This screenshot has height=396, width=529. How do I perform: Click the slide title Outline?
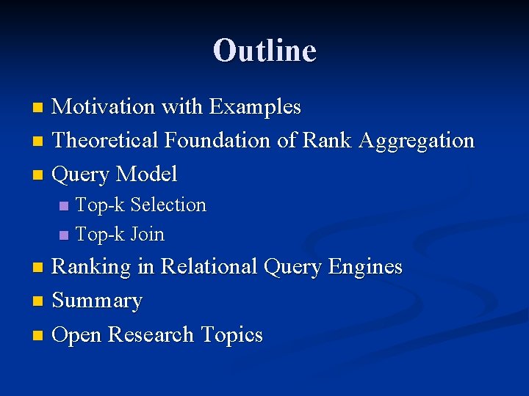point(264,51)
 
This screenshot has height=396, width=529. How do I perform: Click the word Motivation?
point(104,107)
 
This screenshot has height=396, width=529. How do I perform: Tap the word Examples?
point(255,107)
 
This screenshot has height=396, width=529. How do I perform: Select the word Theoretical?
point(106,140)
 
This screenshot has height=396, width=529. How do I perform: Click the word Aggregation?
point(417,141)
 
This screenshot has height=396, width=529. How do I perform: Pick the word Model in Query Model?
point(146,175)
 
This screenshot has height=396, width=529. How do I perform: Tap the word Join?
point(148,235)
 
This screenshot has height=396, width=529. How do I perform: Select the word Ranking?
point(94,266)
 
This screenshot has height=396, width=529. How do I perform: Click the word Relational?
point(209,266)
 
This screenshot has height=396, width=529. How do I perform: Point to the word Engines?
point(367,267)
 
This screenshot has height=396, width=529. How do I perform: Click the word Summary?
point(98,301)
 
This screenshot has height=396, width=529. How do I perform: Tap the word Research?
point(151,335)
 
